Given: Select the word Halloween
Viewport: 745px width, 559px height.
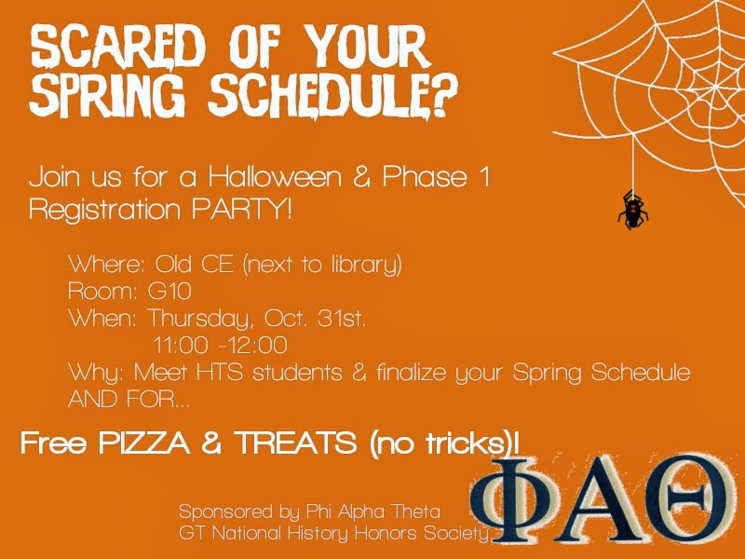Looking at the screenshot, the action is [x=275, y=177].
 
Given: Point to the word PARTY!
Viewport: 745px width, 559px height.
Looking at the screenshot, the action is [x=242, y=209].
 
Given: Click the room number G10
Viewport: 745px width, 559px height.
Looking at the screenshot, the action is [x=169, y=291].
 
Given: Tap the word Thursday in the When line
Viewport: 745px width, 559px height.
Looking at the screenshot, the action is [x=197, y=319].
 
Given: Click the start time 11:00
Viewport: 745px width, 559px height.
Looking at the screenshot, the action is [x=181, y=345].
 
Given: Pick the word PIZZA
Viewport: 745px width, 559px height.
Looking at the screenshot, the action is [x=144, y=443].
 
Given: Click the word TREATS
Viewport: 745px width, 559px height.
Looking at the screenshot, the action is [x=296, y=443].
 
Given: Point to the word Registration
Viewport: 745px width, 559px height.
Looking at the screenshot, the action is [x=105, y=210].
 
